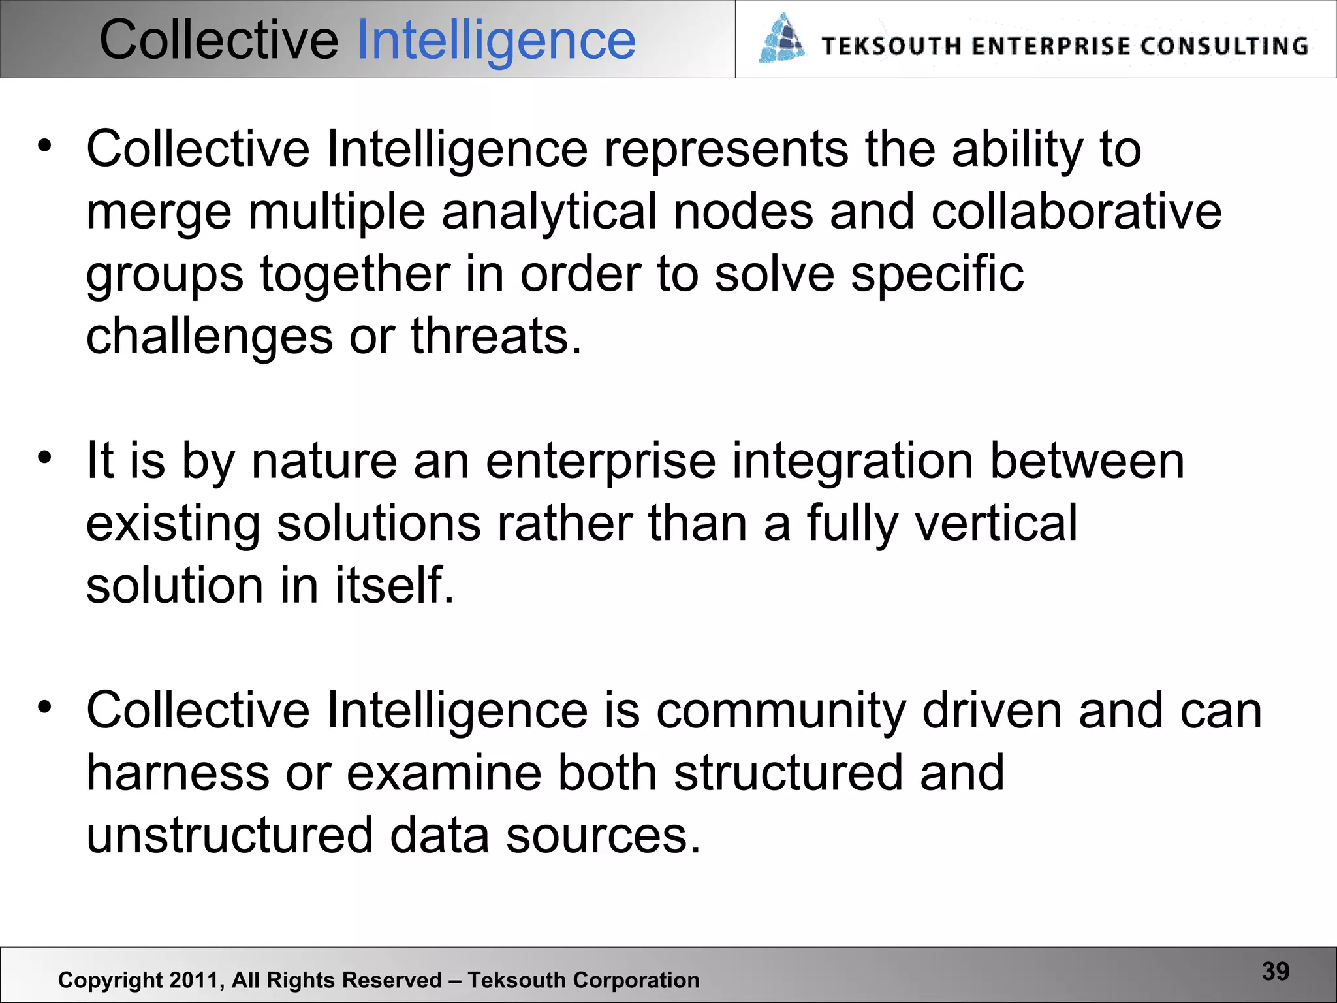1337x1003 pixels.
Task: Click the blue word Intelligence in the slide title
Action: click(496, 40)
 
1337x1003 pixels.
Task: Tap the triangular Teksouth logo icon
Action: click(782, 39)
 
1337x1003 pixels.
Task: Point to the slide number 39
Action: click(1276, 971)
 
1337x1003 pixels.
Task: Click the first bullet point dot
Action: click(44, 146)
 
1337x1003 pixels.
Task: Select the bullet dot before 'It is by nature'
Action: click(44, 458)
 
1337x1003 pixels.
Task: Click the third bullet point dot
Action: click(44, 707)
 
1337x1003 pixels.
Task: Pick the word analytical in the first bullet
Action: click(549, 212)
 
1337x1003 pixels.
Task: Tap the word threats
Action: click(495, 336)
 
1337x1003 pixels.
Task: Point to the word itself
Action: click(394, 585)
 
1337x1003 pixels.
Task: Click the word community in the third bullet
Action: click(781, 711)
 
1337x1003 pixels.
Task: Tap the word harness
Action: click(178, 773)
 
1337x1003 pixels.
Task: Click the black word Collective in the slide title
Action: click(219, 40)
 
